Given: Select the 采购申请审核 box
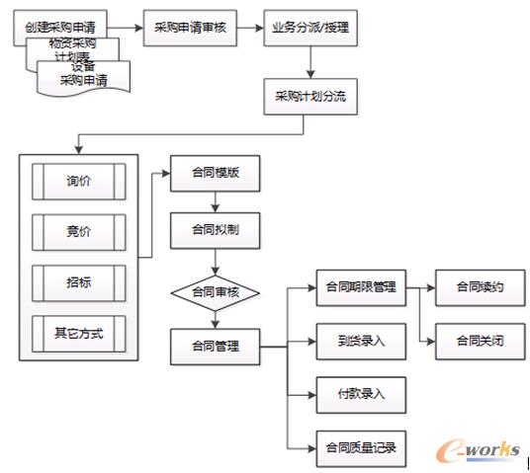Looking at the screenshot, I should (x=191, y=27).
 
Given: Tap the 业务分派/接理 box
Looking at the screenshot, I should (x=309, y=27).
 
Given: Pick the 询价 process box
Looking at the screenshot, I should (x=78, y=181).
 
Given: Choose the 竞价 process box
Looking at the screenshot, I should (x=78, y=232).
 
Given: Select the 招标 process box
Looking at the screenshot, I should (x=78, y=282).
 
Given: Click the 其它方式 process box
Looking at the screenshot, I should (x=78, y=333).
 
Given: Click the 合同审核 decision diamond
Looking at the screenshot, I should (x=216, y=292).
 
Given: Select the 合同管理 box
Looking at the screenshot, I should (x=216, y=347).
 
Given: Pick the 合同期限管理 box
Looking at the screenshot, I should (x=360, y=287).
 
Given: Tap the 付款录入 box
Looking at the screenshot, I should (x=360, y=394).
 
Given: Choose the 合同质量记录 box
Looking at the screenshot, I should (x=360, y=447).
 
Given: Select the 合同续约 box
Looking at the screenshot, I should (x=481, y=287).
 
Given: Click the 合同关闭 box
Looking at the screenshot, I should (x=481, y=341).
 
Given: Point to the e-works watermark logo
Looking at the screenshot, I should (x=481, y=449).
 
